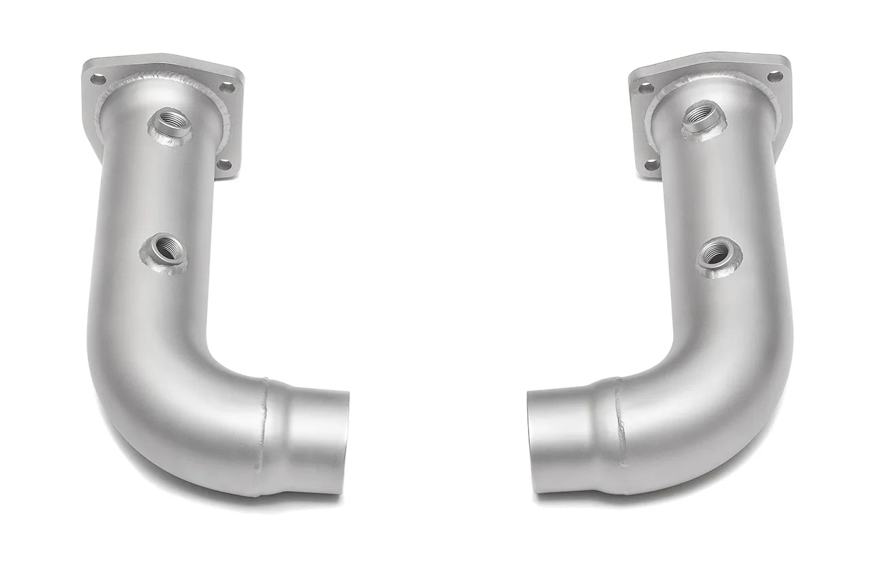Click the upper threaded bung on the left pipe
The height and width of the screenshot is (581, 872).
(167, 123)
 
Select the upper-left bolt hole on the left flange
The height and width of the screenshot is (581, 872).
(98, 80)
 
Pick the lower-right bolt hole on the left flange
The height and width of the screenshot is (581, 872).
(224, 163)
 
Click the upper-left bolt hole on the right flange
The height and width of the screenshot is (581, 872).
(644, 88)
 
